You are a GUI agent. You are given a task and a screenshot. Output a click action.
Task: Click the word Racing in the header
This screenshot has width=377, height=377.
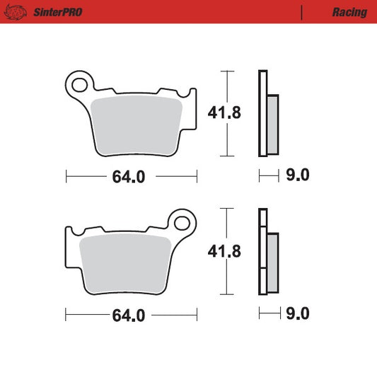point(349,12)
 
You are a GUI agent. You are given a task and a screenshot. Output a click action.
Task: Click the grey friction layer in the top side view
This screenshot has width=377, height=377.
point(273,124)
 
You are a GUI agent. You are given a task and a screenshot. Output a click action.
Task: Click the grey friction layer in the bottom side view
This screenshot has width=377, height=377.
point(273,262)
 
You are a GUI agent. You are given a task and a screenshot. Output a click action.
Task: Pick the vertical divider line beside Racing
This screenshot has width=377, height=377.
point(302,12)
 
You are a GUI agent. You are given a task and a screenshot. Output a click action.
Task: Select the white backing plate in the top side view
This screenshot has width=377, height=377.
point(263,113)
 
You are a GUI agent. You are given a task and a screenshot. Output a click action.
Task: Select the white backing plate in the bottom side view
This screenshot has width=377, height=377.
point(263,251)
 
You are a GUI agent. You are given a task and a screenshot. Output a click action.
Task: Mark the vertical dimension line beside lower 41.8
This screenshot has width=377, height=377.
point(227,251)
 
